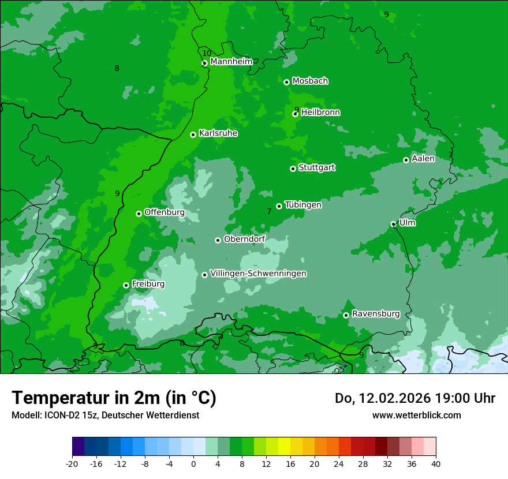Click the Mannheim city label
[231, 62]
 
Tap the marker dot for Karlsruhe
[193, 134]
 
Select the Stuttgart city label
[316, 168]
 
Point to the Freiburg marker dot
[126, 285]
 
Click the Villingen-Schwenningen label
[258, 274]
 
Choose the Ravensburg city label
[375, 314]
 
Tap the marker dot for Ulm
[393, 224]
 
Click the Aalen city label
[423, 159]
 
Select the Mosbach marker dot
[286, 82]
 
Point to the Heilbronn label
[320, 113]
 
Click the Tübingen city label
[303, 205]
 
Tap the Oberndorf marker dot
[218, 240]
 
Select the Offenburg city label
[165, 212]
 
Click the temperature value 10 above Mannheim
[207, 53]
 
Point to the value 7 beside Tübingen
[269, 212]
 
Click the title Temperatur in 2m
[114, 398]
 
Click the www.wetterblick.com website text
[416, 415]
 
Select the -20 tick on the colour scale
[72, 463]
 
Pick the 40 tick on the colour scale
[436, 463]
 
